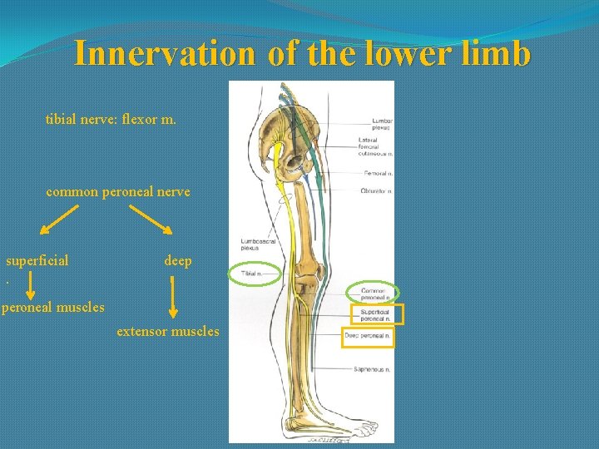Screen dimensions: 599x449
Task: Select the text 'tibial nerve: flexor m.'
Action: point(111,120)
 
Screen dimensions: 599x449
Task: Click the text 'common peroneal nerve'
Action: point(118,191)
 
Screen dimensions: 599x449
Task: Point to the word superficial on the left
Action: point(37,260)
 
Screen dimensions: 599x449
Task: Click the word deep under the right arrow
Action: point(178,260)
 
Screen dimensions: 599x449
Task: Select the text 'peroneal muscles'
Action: point(52,307)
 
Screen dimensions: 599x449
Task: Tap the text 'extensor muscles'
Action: point(168,331)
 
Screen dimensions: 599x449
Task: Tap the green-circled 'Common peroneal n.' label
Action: point(374,293)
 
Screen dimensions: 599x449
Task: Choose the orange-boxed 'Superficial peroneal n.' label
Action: point(376,315)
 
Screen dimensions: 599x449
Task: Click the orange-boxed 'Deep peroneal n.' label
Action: point(367,336)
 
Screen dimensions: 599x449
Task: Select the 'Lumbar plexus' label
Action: point(383,125)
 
